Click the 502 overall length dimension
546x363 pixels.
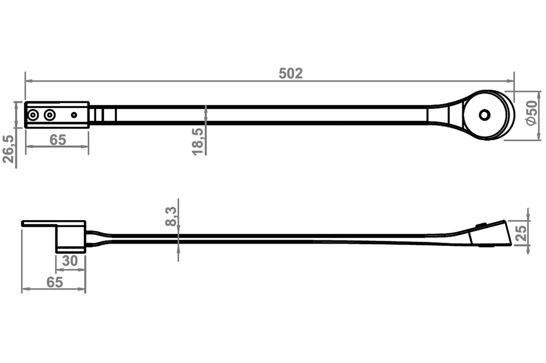point(291,74)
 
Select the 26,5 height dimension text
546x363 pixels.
point(9,148)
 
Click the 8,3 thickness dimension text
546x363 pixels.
point(171,216)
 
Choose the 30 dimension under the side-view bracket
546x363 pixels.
point(70,261)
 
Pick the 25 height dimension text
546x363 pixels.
point(521,232)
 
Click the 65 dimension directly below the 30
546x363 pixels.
point(54,282)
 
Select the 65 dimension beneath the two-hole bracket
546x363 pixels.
point(57,140)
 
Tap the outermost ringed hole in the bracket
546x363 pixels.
point(34,115)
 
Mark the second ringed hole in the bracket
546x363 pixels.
point(50,115)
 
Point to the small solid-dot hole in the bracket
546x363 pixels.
point(74,115)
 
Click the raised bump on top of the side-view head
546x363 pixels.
point(481,225)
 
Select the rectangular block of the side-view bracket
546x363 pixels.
point(70,238)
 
